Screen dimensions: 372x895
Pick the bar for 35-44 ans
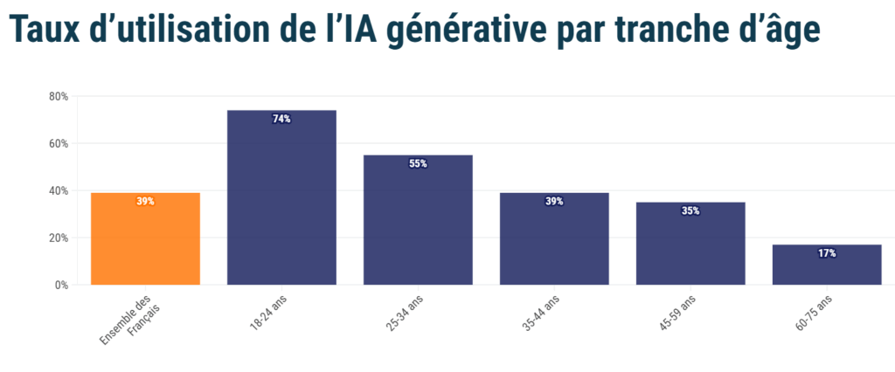point(554,245)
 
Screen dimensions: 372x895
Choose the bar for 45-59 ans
point(690,249)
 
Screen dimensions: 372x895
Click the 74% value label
point(281,119)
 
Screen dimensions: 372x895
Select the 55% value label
point(418,163)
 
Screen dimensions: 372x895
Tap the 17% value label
point(827,253)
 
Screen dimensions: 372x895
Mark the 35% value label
point(690,210)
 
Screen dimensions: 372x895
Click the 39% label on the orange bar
point(145,201)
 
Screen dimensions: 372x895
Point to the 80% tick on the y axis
point(59,96)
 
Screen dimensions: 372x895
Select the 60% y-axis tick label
point(59,143)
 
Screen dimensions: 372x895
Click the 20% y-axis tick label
point(59,238)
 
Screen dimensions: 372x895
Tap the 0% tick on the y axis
point(62,285)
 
